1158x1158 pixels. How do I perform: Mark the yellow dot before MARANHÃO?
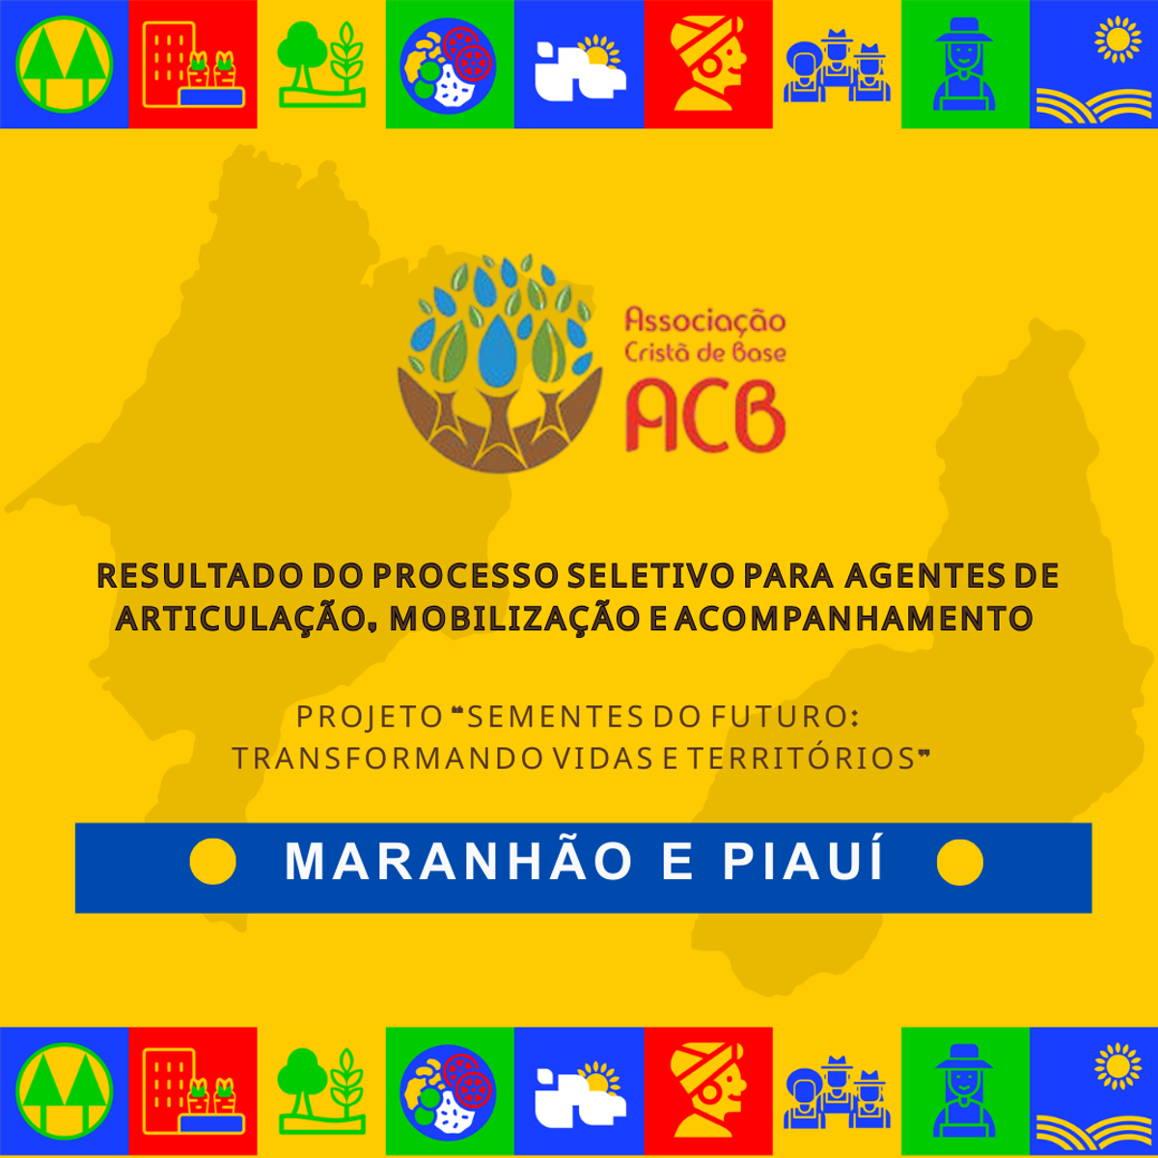[x=212, y=861]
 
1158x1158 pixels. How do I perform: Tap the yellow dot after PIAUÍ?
[x=959, y=861]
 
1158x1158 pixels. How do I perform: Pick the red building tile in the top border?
[x=192, y=64]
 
